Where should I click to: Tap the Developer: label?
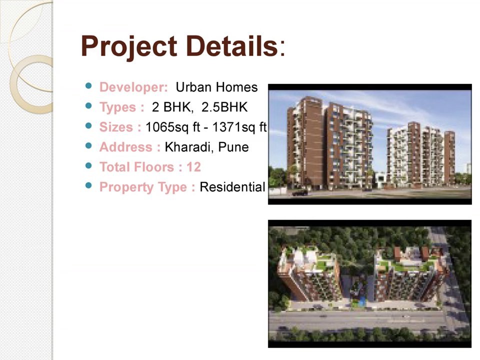133,87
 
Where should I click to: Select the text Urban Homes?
216,87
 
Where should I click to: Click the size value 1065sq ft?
173,127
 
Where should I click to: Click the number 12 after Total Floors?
193,167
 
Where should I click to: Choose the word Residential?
232,187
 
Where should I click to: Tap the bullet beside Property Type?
89,185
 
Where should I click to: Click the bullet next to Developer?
89,86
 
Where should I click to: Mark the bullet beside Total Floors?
89,165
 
